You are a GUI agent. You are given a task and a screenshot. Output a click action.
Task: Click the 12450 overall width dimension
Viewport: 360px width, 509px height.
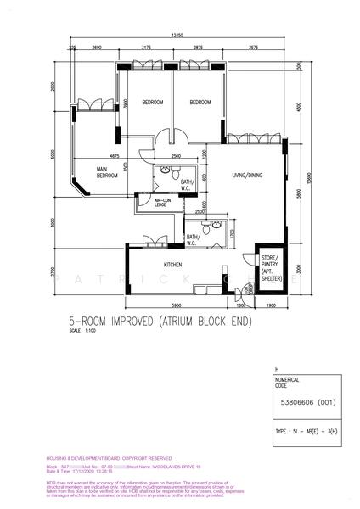coord(177,36)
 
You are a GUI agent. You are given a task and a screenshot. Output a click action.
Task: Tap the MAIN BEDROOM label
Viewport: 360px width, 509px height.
coord(107,172)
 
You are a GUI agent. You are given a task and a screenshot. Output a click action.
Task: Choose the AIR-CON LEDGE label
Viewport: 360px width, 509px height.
coord(160,203)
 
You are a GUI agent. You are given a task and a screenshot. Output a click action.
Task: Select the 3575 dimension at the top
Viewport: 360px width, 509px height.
coord(254,48)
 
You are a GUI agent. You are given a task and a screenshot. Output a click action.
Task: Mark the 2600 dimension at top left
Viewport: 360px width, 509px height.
coord(97,48)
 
